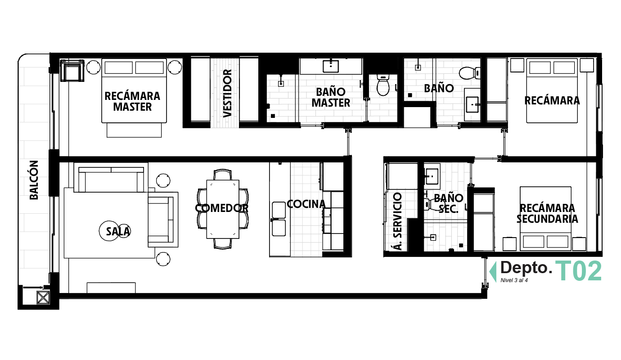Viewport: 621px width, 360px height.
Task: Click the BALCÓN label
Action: [x=34, y=180]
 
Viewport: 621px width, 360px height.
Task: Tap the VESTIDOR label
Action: [x=227, y=94]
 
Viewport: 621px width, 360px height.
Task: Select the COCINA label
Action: [x=306, y=204]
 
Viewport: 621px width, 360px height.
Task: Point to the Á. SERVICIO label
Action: [x=397, y=221]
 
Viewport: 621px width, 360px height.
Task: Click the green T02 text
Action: [x=578, y=271]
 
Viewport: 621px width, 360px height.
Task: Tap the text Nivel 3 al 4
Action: [x=514, y=280]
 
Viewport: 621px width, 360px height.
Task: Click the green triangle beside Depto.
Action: [x=493, y=272]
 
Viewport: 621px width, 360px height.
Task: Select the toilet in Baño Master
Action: [x=383, y=85]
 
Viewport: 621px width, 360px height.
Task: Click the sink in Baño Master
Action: [x=331, y=67]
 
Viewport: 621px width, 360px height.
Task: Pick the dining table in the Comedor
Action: [x=223, y=209]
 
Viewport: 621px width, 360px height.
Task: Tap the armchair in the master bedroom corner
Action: [x=72, y=70]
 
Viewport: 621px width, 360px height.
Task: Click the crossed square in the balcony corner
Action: [x=43, y=297]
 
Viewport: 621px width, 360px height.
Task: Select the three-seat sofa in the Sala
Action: [x=111, y=179]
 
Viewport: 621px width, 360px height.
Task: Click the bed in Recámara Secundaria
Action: [x=545, y=219]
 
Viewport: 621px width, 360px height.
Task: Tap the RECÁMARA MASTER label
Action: [x=132, y=101]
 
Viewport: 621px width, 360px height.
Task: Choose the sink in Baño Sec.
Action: [x=432, y=176]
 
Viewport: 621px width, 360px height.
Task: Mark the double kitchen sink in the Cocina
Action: [x=279, y=219]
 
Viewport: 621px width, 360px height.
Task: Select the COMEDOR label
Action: [x=221, y=208]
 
